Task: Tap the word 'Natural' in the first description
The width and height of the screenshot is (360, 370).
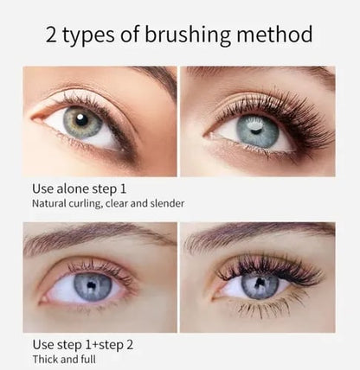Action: (50, 204)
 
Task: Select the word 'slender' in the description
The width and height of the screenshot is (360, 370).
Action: (165, 204)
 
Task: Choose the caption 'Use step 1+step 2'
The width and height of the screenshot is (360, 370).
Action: (83, 343)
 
